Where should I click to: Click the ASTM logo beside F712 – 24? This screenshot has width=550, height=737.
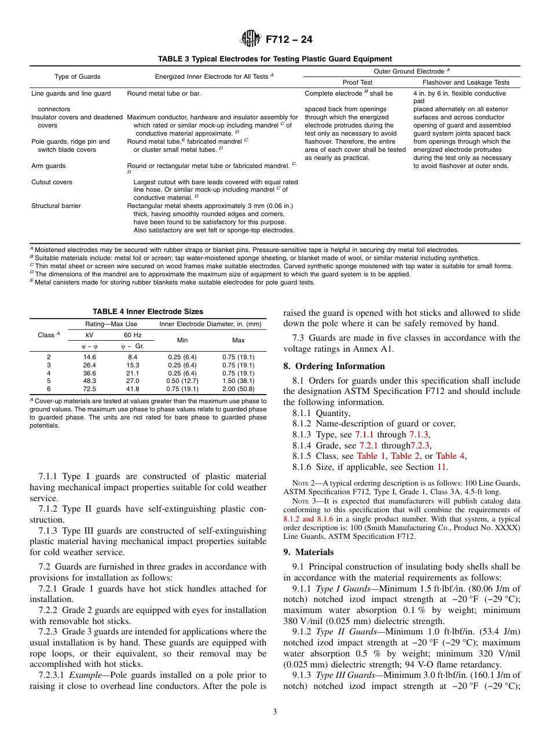(x=251, y=39)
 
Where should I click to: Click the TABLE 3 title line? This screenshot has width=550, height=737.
(x=275, y=59)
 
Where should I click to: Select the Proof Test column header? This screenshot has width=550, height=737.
(x=357, y=82)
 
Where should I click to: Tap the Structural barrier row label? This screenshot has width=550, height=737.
(x=56, y=206)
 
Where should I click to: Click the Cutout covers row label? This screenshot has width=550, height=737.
(x=52, y=182)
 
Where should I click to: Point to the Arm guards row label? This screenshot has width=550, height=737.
(x=48, y=166)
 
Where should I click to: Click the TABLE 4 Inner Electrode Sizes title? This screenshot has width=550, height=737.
(x=148, y=312)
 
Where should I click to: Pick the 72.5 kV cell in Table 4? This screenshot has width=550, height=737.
(x=90, y=389)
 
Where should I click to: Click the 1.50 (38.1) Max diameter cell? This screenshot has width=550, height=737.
(x=238, y=381)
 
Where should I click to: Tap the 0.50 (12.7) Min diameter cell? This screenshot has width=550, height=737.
(x=182, y=381)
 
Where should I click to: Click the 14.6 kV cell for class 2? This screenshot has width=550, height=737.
(x=90, y=357)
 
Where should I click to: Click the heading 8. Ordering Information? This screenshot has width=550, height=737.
(x=334, y=366)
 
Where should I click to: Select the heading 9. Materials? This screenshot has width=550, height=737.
(x=309, y=552)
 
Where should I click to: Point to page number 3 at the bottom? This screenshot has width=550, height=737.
(x=275, y=712)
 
